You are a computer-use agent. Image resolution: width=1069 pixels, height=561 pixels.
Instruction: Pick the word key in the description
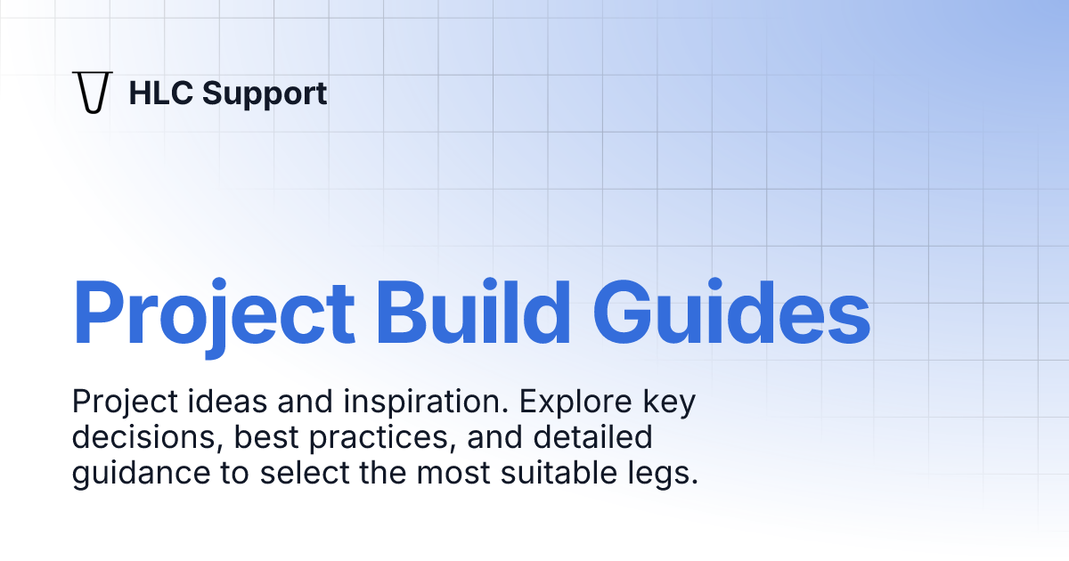[x=669, y=403]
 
